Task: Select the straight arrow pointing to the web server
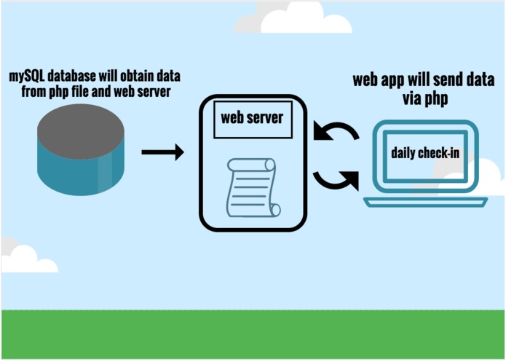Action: tap(162, 152)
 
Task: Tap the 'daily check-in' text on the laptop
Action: tap(424, 153)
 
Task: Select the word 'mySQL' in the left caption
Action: tap(26, 77)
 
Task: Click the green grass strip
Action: tap(253, 334)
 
